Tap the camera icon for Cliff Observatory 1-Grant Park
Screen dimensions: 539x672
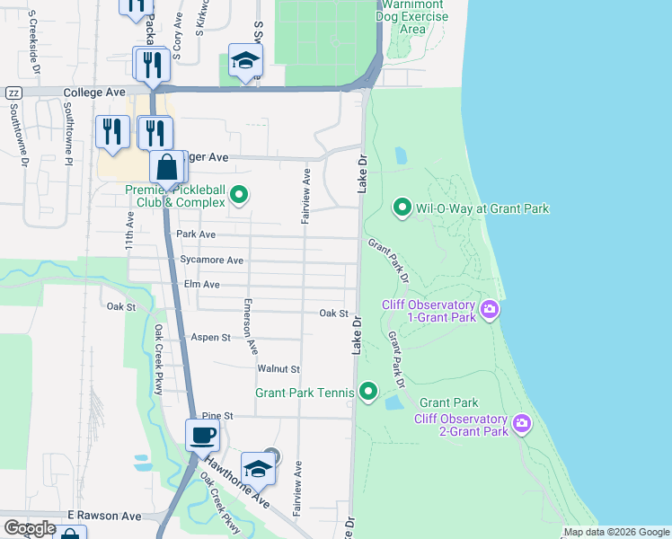490,310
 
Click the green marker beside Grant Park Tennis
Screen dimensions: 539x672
367,391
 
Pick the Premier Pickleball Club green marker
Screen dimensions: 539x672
239,194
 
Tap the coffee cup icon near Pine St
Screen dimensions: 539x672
202,436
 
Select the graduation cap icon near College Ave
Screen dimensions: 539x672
245,60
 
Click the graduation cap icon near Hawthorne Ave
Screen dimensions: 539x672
258,468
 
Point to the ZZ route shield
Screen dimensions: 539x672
13,93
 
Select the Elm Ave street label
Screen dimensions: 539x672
201,284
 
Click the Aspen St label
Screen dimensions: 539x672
211,337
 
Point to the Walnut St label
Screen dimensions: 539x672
278,369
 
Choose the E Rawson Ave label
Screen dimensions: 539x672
104,516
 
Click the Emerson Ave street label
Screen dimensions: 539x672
252,325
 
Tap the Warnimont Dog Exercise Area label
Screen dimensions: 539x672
412,18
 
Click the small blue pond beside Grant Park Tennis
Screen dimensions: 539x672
393,403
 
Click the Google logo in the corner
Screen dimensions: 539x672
29,527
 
